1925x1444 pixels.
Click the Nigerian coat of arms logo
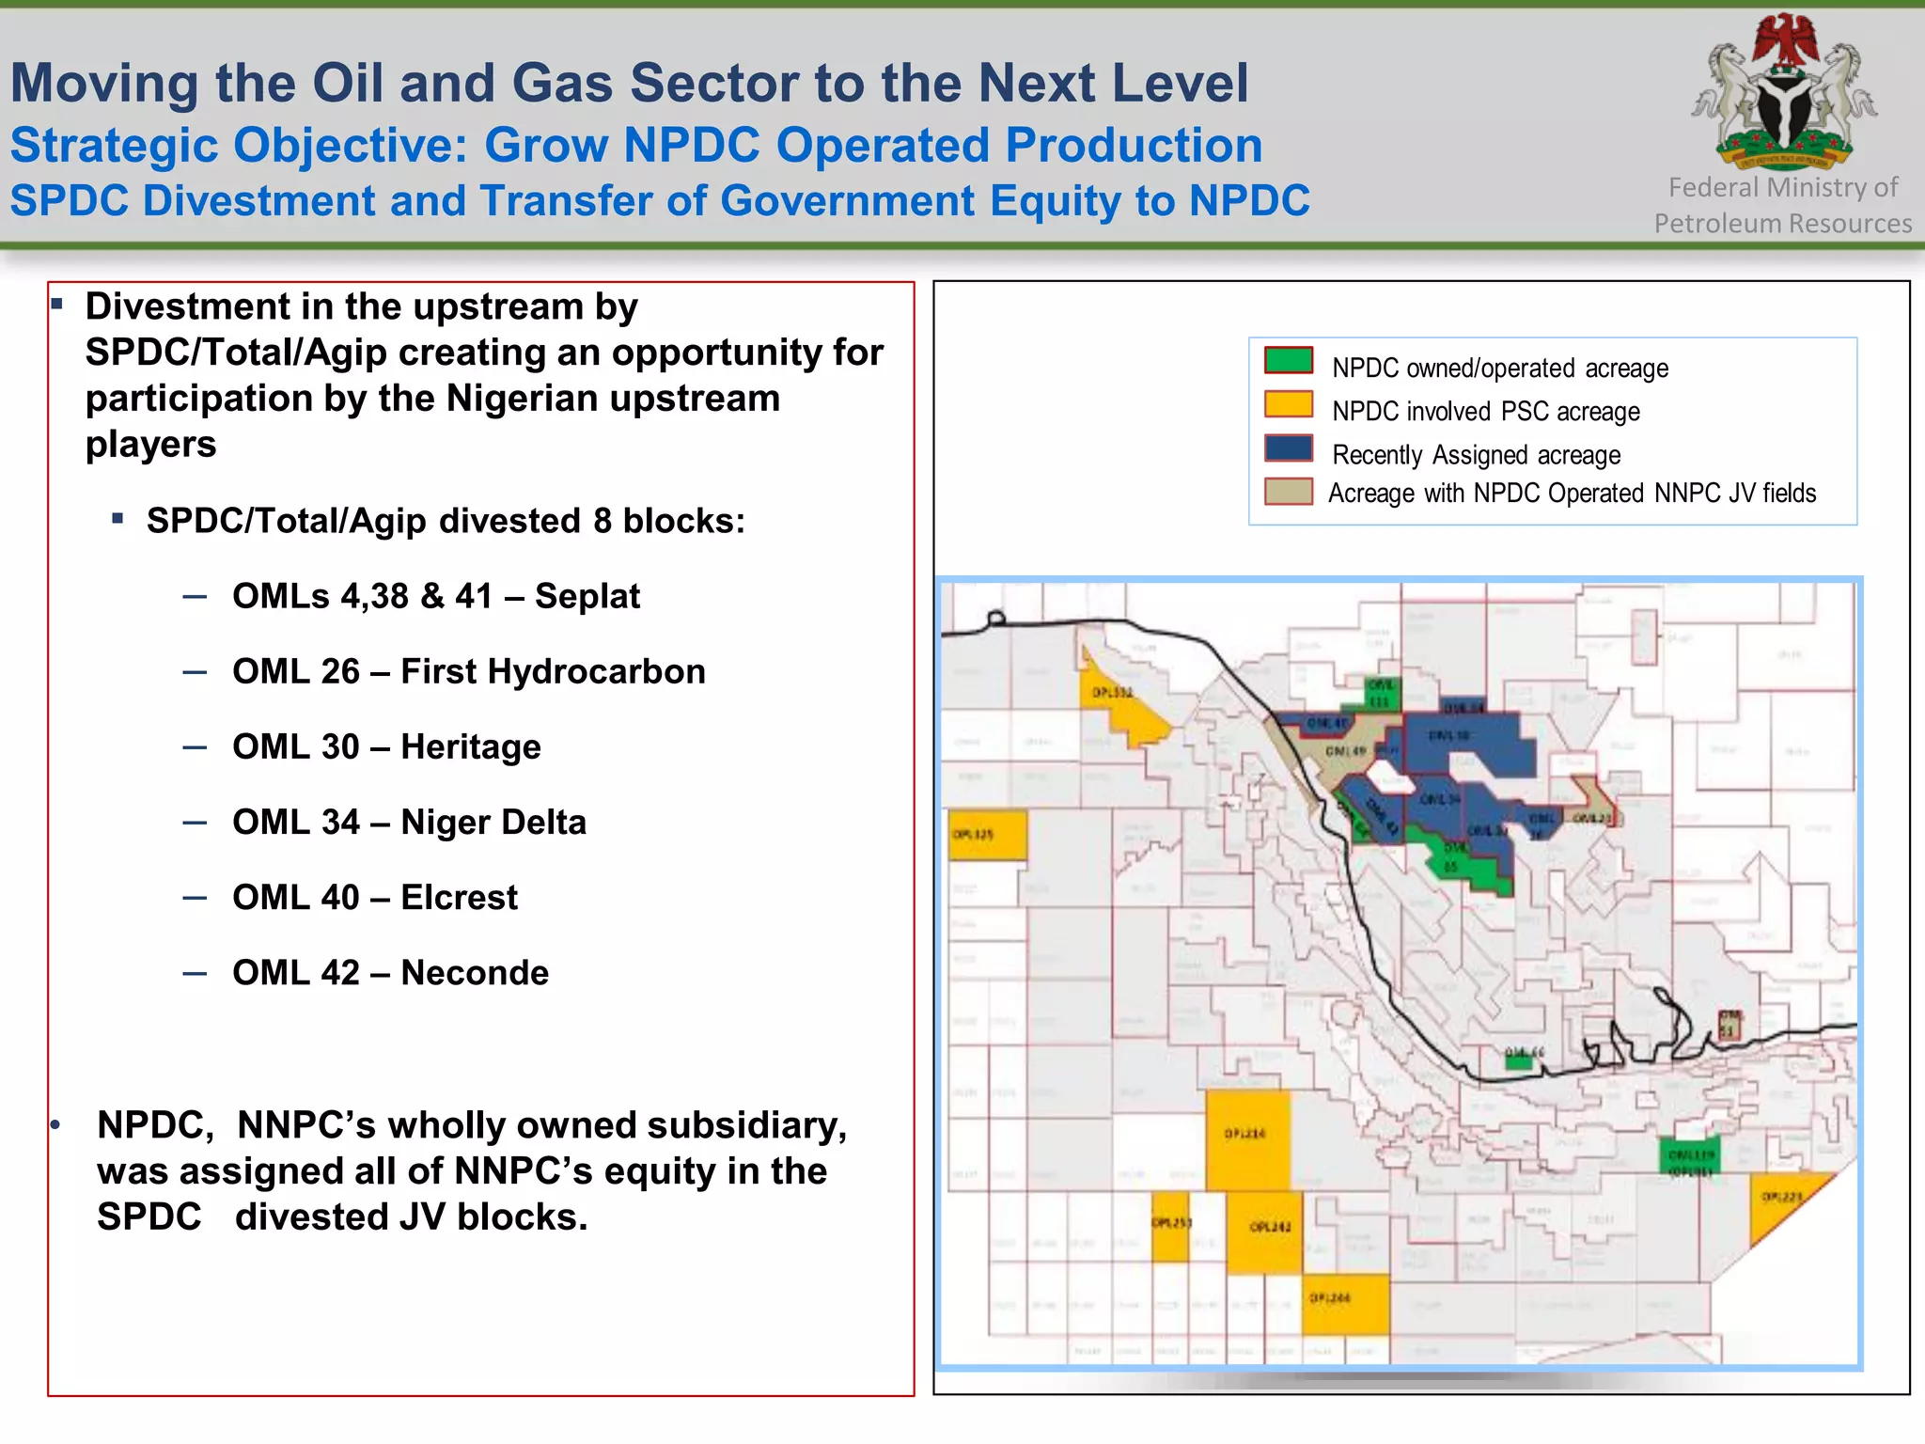pyautogui.click(x=1783, y=94)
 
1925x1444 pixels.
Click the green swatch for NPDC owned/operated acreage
pyautogui.click(x=1288, y=361)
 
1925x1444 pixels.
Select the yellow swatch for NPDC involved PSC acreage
pyautogui.click(x=1288, y=404)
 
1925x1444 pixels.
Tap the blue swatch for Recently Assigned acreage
pyautogui.click(x=1288, y=448)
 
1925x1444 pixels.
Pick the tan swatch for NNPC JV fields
pyautogui.click(x=1288, y=492)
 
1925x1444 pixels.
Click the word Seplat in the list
pyautogui.click(x=587, y=596)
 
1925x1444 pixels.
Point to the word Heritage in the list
pyautogui.click(x=470, y=746)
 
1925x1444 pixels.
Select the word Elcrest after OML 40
pyautogui.click(x=459, y=897)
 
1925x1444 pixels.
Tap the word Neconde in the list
pyautogui.click(x=475, y=972)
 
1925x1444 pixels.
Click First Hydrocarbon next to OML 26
pyautogui.click(x=553, y=671)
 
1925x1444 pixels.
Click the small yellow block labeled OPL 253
pyautogui.click(x=1170, y=1228)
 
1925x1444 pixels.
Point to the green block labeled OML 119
pyautogui.click(x=1689, y=1157)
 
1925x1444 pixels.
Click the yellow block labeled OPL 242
pyautogui.click(x=1265, y=1232)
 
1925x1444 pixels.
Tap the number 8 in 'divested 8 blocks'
pyautogui.click(x=602, y=521)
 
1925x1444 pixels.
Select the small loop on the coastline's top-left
pyautogui.click(x=996, y=618)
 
